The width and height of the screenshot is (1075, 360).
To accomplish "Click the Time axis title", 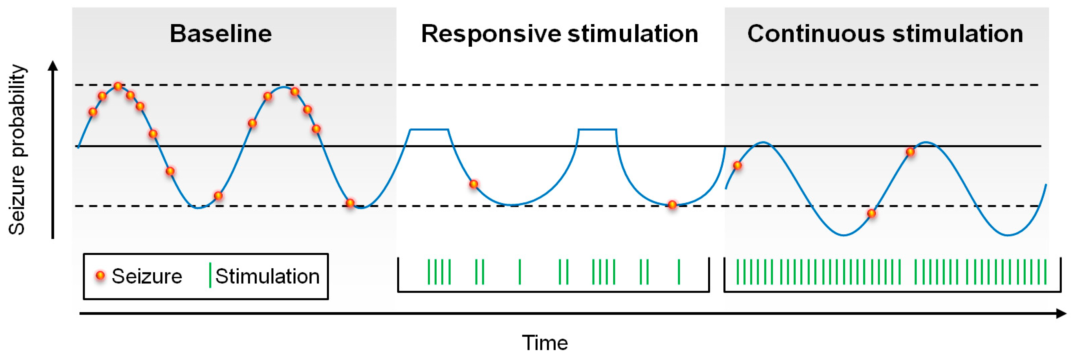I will coord(545,343).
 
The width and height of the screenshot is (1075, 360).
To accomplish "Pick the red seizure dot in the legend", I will coord(100,275).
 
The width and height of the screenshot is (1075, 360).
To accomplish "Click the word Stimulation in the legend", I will coord(267,276).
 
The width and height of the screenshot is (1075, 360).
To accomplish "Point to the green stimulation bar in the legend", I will coord(210,275).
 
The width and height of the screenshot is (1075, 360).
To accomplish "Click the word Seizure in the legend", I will coord(147,276).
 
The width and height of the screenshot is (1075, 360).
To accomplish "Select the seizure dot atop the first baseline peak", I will coord(118,86).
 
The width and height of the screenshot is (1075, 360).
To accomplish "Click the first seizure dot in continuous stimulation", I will coord(737,166).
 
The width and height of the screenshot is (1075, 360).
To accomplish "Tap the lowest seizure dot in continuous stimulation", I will coord(871,214).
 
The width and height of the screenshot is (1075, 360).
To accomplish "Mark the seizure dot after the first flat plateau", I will coord(473,184).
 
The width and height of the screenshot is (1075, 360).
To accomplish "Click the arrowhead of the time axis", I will coord(1062,313).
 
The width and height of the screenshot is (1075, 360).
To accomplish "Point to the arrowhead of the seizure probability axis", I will coord(53,66).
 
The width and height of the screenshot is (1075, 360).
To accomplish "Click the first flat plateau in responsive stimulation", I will coord(429,130).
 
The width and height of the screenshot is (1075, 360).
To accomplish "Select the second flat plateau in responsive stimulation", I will coord(597,130).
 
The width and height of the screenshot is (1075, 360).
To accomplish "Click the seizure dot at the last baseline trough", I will coord(350,203).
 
